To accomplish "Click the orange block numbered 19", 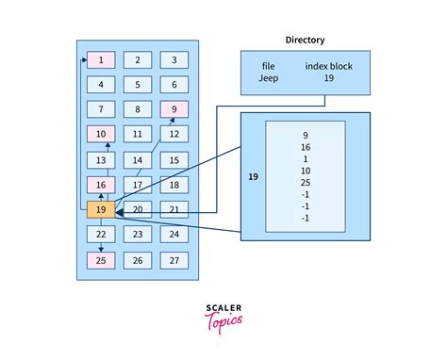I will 101,209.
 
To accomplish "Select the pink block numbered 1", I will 101,60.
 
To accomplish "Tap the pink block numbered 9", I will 174,109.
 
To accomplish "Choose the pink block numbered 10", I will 101,135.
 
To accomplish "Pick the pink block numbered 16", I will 101,185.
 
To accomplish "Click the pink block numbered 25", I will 101,259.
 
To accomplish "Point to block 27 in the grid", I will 174,259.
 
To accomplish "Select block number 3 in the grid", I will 174,60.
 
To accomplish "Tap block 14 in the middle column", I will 138,159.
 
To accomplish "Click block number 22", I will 101,234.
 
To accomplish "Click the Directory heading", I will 306,40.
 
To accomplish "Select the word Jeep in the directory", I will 270,79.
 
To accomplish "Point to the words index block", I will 326,66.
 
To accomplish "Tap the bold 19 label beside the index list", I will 253,175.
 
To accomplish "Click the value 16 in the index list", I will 306,147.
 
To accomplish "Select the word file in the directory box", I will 270,66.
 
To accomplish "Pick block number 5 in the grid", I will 138,85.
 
